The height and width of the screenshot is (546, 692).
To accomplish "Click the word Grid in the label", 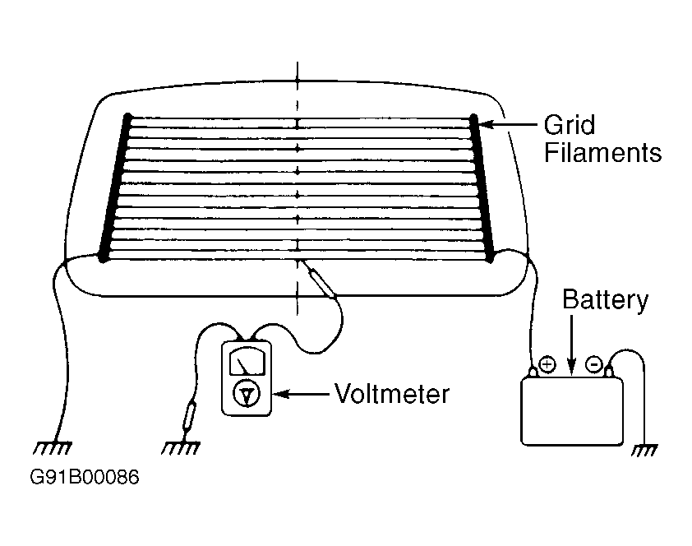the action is [x=570, y=125].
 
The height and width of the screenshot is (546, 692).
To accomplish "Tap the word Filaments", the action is [x=602, y=153].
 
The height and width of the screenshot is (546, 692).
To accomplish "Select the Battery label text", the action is [x=605, y=301].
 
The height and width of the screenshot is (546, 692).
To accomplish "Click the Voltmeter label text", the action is [x=392, y=393].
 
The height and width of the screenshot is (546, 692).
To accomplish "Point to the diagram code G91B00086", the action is [x=85, y=477].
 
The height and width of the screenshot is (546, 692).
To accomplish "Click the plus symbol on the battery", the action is [x=547, y=364].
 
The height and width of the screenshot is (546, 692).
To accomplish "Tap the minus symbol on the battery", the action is [x=594, y=364].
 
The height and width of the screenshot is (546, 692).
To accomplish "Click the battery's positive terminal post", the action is [x=533, y=372].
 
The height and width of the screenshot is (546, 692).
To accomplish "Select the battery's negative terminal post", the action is [x=609, y=372].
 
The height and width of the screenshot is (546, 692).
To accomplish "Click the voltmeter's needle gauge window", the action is [x=247, y=361].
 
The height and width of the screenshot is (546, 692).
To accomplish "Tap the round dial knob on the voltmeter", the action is [x=247, y=393].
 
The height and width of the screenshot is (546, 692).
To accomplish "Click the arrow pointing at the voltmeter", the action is [x=302, y=393].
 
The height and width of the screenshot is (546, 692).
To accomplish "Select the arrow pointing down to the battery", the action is [x=571, y=345].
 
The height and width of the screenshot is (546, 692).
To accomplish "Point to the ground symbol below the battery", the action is [x=644, y=450].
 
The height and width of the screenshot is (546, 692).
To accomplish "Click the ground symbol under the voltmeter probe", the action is [x=181, y=447].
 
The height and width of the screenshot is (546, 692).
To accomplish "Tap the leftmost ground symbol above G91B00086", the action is [x=52, y=447].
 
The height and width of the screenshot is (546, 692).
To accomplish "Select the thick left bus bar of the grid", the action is [x=115, y=187].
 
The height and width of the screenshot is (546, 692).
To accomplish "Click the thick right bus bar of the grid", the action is [x=482, y=187].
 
